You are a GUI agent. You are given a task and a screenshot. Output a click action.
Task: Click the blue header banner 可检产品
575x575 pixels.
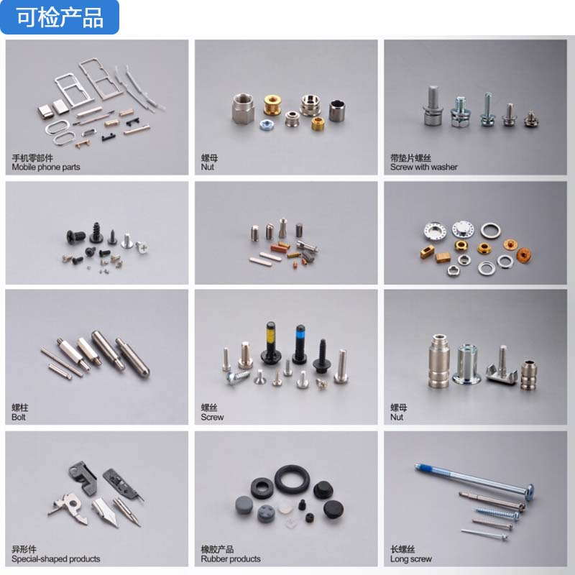(x=60, y=17)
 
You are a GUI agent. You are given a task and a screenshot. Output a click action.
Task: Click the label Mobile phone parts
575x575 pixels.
(x=46, y=167)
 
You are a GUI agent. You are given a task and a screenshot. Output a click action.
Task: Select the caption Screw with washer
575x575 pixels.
(x=423, y=167)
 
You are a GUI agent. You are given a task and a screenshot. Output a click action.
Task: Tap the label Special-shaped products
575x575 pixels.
(x=56, y=559)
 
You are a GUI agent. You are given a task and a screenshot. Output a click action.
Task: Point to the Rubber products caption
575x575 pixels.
(x=231, y=559)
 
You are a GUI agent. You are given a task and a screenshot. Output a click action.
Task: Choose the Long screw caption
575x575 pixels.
(x=410, y=559)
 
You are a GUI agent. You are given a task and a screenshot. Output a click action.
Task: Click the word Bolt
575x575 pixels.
(x=19, y=418)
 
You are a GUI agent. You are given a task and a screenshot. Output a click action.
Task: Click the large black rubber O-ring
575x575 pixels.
(x=293, y=479)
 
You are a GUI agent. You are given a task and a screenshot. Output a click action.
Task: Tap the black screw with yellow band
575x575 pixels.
(x=271, y=344)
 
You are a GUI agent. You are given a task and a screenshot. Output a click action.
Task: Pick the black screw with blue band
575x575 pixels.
(x=300, y=344)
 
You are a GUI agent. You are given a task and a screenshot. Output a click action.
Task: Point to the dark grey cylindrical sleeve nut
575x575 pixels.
(x=336, y=111)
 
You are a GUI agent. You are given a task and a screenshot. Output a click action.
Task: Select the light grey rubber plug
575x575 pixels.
(x=244, y=505)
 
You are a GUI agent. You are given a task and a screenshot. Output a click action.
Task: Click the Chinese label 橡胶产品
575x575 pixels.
(x=217, y=549)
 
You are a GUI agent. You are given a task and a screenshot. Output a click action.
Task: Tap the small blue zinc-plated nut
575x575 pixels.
(x=266, y=124)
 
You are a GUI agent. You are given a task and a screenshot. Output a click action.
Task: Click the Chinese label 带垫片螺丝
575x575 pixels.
(x=410, y=158)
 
